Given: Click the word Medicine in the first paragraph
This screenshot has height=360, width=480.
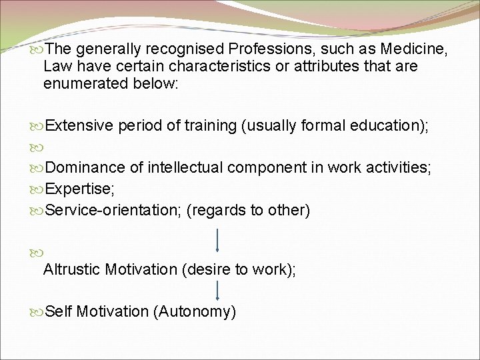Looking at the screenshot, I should [x=413, y=49].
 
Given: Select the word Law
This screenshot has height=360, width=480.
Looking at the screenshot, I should [x=57, y=66].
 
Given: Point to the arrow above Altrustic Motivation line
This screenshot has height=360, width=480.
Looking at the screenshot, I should [x=218, y=241].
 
